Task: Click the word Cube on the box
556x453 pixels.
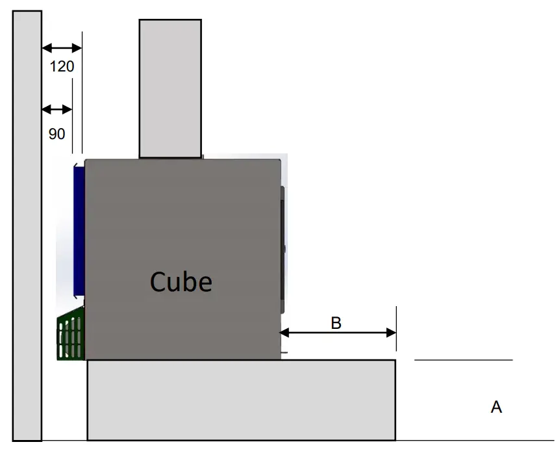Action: click(x=181, y=282)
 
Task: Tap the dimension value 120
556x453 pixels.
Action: click(x=62, y=66)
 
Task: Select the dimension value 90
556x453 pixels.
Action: click(x=57, y=134)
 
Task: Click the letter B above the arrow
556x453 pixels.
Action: click(x=336, y=323)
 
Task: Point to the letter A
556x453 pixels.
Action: click(x=496, y=408)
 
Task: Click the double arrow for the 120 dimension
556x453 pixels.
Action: click(x=62, y=47)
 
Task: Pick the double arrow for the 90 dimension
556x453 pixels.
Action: click(x=57, y=109)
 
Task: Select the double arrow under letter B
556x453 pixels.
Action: click(x=338, y=333)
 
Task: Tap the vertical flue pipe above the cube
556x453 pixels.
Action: click(x=170, y=88)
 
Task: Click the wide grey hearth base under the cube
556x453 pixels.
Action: click(x=241, y=400)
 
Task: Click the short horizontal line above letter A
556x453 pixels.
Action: click(x=463, y=359)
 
